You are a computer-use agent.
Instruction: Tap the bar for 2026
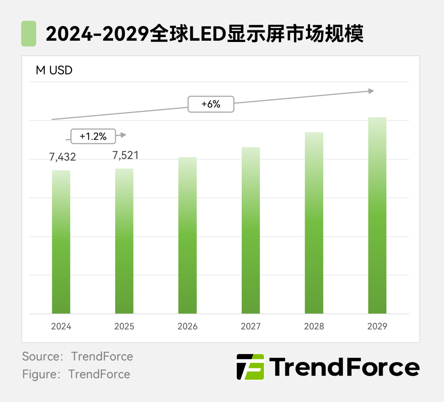point(187,235)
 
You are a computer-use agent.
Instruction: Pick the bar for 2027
point(251,230)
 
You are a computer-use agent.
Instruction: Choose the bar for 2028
point(314,223)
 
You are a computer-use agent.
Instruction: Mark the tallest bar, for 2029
point(377,216)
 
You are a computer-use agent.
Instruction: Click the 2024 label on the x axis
point(61,326)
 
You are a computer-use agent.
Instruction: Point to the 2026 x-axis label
point(187,326)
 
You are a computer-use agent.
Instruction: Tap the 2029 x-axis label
point(377,326)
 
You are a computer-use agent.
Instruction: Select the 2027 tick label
point(251,326)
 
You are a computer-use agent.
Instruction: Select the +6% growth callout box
point(211,105)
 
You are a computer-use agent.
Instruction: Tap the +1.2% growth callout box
point(93,136)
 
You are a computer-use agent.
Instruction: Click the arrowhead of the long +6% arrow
point(371,91)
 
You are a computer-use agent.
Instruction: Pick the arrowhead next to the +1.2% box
point(123,135)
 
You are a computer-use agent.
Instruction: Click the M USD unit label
point(54,70)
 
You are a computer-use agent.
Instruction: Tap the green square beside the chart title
point(28,34)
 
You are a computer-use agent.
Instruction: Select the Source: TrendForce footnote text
point(78,356)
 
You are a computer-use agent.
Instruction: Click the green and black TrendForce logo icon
point(250,367)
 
